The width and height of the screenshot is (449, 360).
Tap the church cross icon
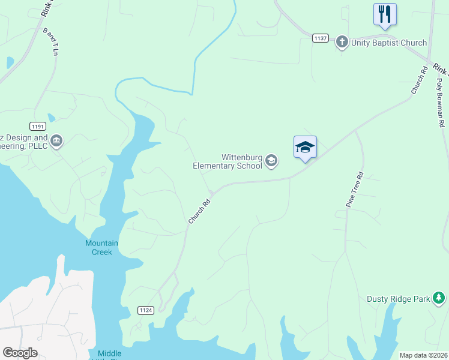(342, 42)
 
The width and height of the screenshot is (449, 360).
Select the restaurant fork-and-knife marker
(384, 14)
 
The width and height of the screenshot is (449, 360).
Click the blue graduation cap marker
(305, 147)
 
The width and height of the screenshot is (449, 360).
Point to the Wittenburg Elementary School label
(228, 161)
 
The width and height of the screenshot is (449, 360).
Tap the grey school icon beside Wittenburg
(271, 160)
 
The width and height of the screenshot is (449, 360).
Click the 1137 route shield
(321, 38)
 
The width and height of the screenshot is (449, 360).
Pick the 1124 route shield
(145, 310)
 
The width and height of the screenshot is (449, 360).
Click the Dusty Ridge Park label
(399, 299)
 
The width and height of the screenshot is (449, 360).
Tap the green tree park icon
(439, 298)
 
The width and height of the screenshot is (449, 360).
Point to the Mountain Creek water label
(101, 247)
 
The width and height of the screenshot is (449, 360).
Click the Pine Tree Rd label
(355, 190)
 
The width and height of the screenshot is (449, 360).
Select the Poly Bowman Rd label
(440, 103)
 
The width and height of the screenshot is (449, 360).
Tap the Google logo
(20, 353)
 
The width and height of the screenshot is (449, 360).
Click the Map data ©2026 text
(423, 355)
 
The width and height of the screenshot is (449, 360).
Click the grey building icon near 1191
(56, 141)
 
